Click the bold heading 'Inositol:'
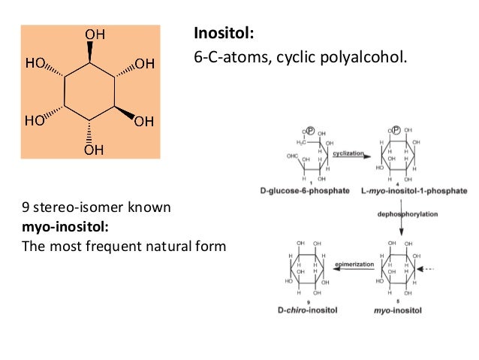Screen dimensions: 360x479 point(223,34)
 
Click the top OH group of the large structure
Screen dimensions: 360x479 point(94,35)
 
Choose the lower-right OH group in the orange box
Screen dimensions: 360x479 point(145,120)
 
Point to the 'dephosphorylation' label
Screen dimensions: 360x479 point(403,214)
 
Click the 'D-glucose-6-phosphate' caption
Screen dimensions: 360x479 point(309,191)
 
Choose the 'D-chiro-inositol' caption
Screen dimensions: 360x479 point(309,310)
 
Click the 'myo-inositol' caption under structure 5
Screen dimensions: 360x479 point(396,310)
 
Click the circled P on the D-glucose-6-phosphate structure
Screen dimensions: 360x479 point(309,130)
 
